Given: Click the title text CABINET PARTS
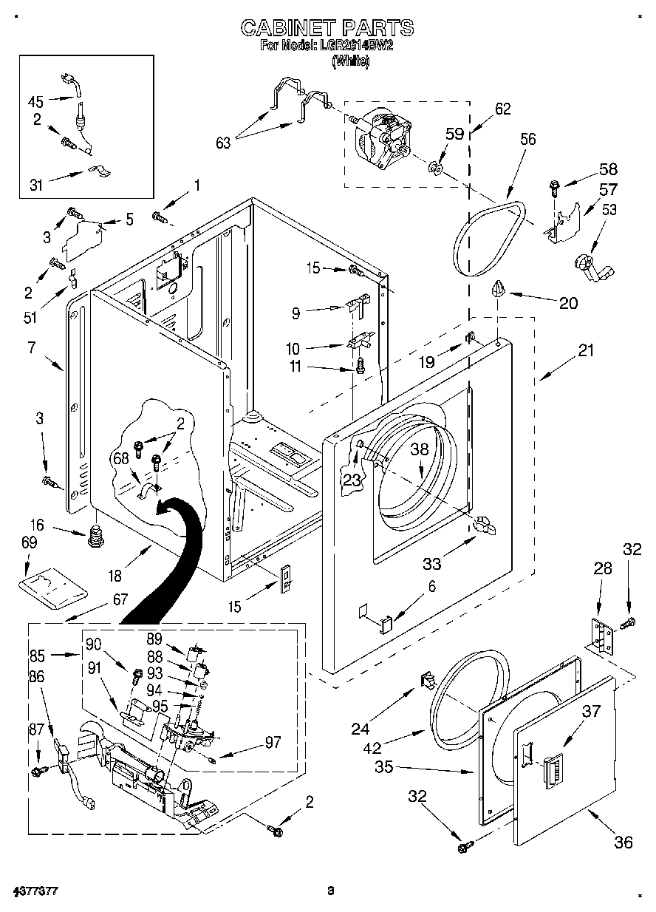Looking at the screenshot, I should (x=327, y=28).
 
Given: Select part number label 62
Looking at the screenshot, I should (x=502, y=109).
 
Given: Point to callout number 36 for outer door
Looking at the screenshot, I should (x=623, y=842).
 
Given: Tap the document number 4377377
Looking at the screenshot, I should (x=36, y=891).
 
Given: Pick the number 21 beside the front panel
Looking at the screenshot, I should (x=585, y=350).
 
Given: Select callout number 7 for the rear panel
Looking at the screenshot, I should (x=32, y=347).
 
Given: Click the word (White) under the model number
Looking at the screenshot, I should (x=350, y=63).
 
